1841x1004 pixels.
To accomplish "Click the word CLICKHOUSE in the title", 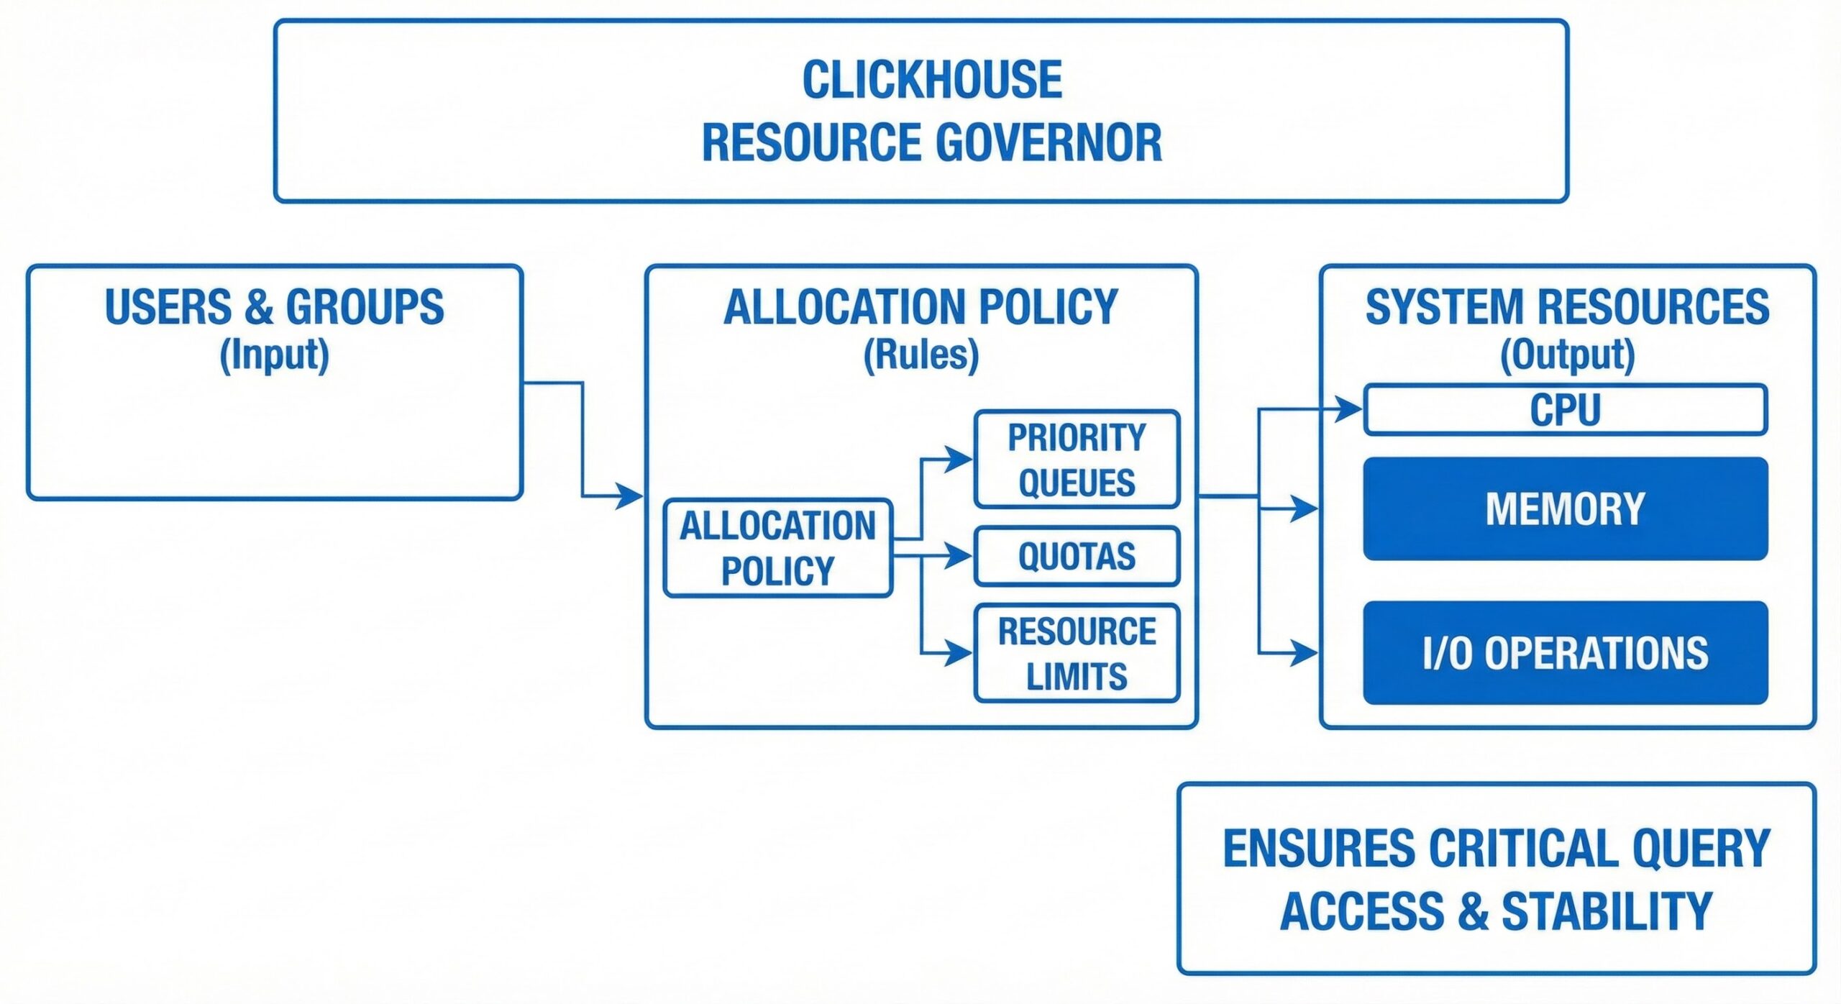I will [931, 80].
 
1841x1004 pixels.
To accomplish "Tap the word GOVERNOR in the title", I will [1049, 142].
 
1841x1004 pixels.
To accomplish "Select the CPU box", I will [1565, 410].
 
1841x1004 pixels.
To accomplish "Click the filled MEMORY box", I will [1565, 508].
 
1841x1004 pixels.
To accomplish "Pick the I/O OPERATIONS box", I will [1565, 653].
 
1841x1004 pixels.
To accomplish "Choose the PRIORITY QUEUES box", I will [1077, 460].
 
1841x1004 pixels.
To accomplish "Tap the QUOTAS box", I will [1077, 557].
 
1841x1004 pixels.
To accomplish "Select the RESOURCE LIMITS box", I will [1077, 653].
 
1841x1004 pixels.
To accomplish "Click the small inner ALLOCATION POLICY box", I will [777, 548].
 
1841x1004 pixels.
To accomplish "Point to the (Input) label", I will [274, 355].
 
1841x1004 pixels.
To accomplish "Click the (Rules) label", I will [920, 355].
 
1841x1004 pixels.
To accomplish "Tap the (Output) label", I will [1567, 355].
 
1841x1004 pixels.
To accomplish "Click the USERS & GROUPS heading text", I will [274, 307].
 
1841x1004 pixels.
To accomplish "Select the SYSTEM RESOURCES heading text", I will [1567, 307].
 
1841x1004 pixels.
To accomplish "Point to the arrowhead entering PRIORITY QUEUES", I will [959, 459].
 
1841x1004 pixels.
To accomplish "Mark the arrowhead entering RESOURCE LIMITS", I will [959, 653].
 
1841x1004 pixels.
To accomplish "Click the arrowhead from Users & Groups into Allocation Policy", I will [630, 496].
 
